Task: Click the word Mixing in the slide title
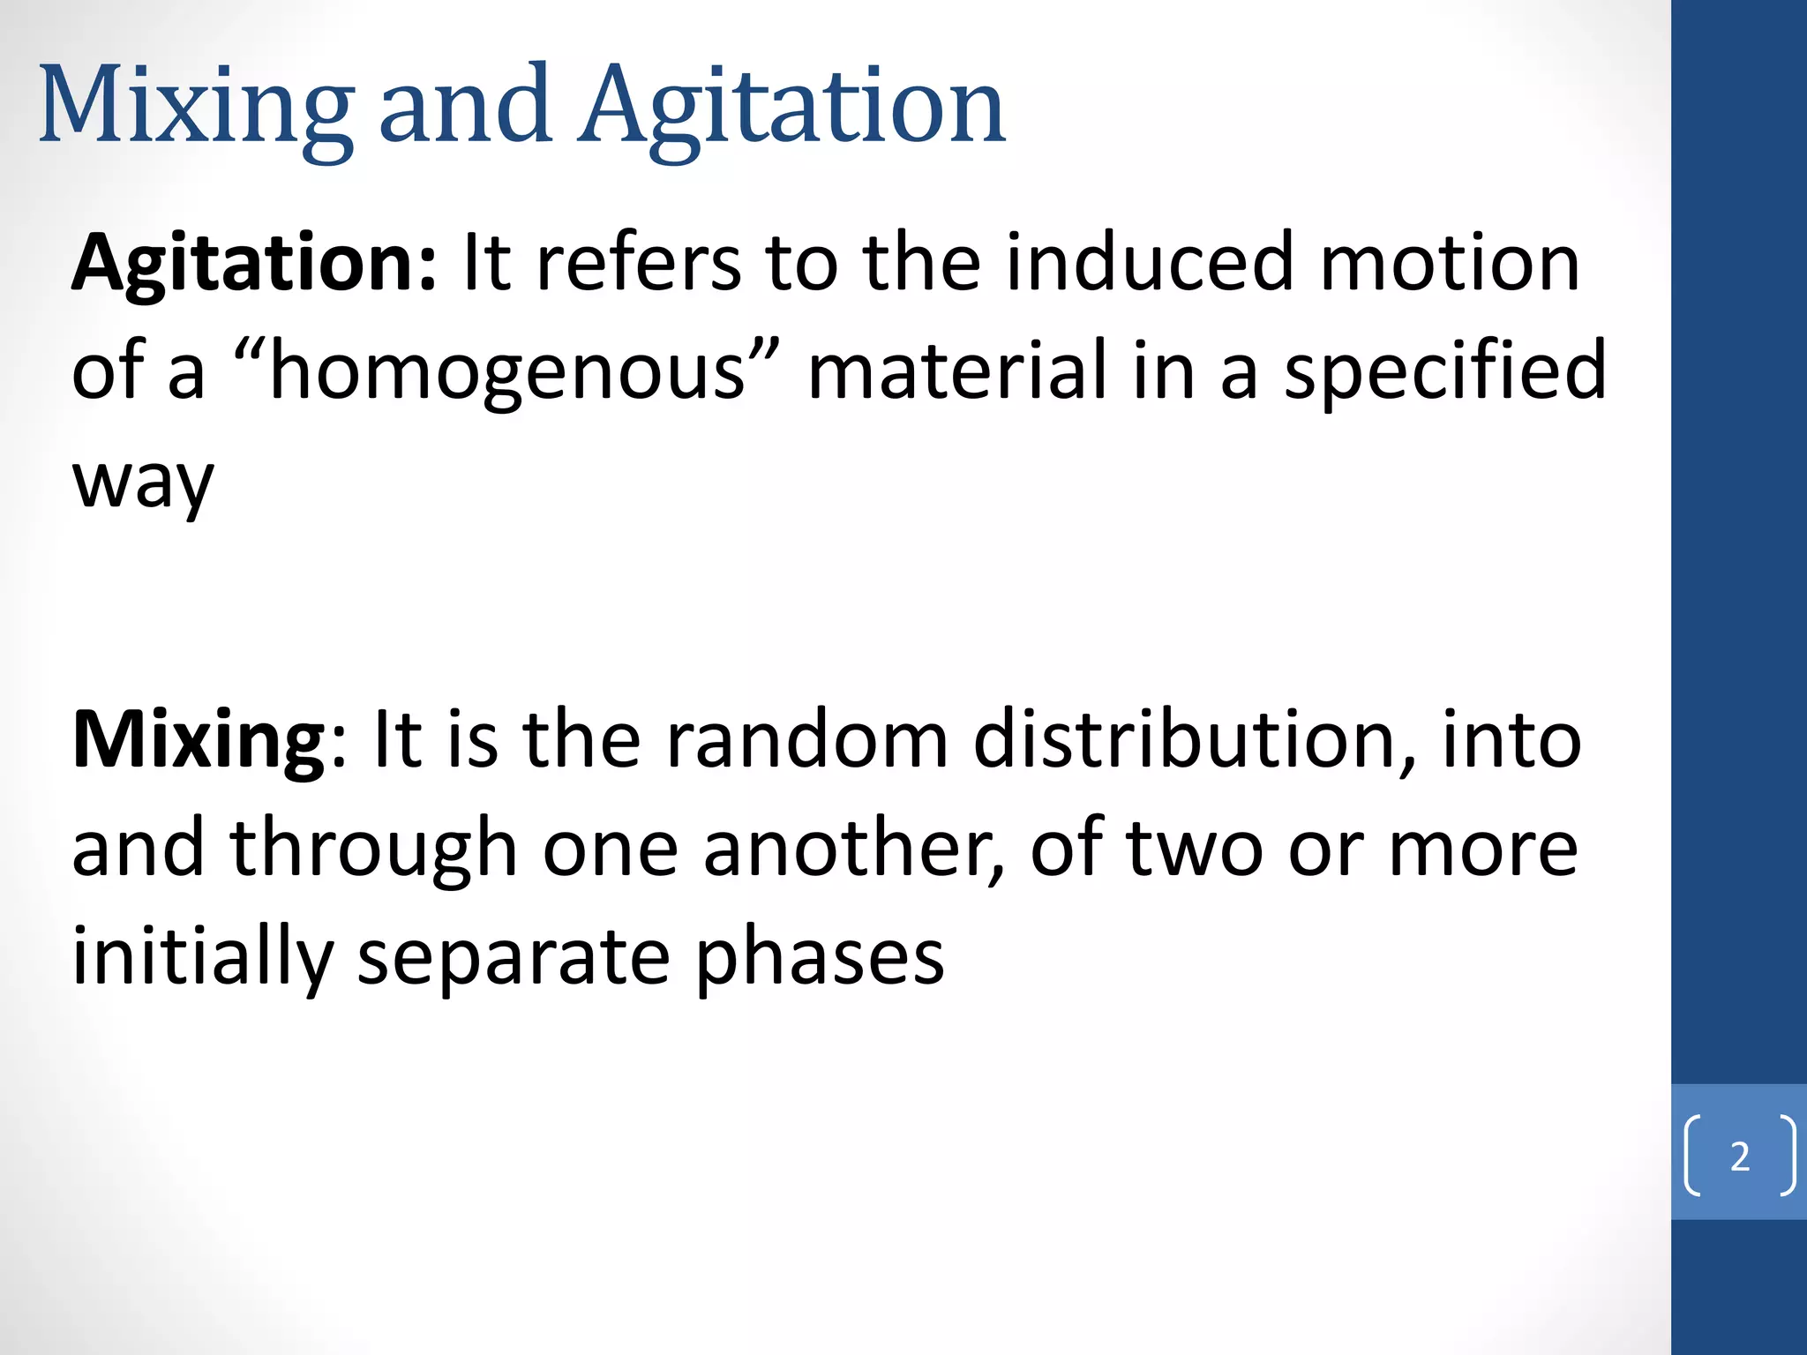coord(196,108)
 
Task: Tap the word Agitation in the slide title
coord(791,108)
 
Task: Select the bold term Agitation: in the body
coord(253,262)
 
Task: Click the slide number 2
coord(1739,1156)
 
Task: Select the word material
coord(957,371)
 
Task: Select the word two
coord(1195,849)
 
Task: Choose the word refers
coord(639,262)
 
